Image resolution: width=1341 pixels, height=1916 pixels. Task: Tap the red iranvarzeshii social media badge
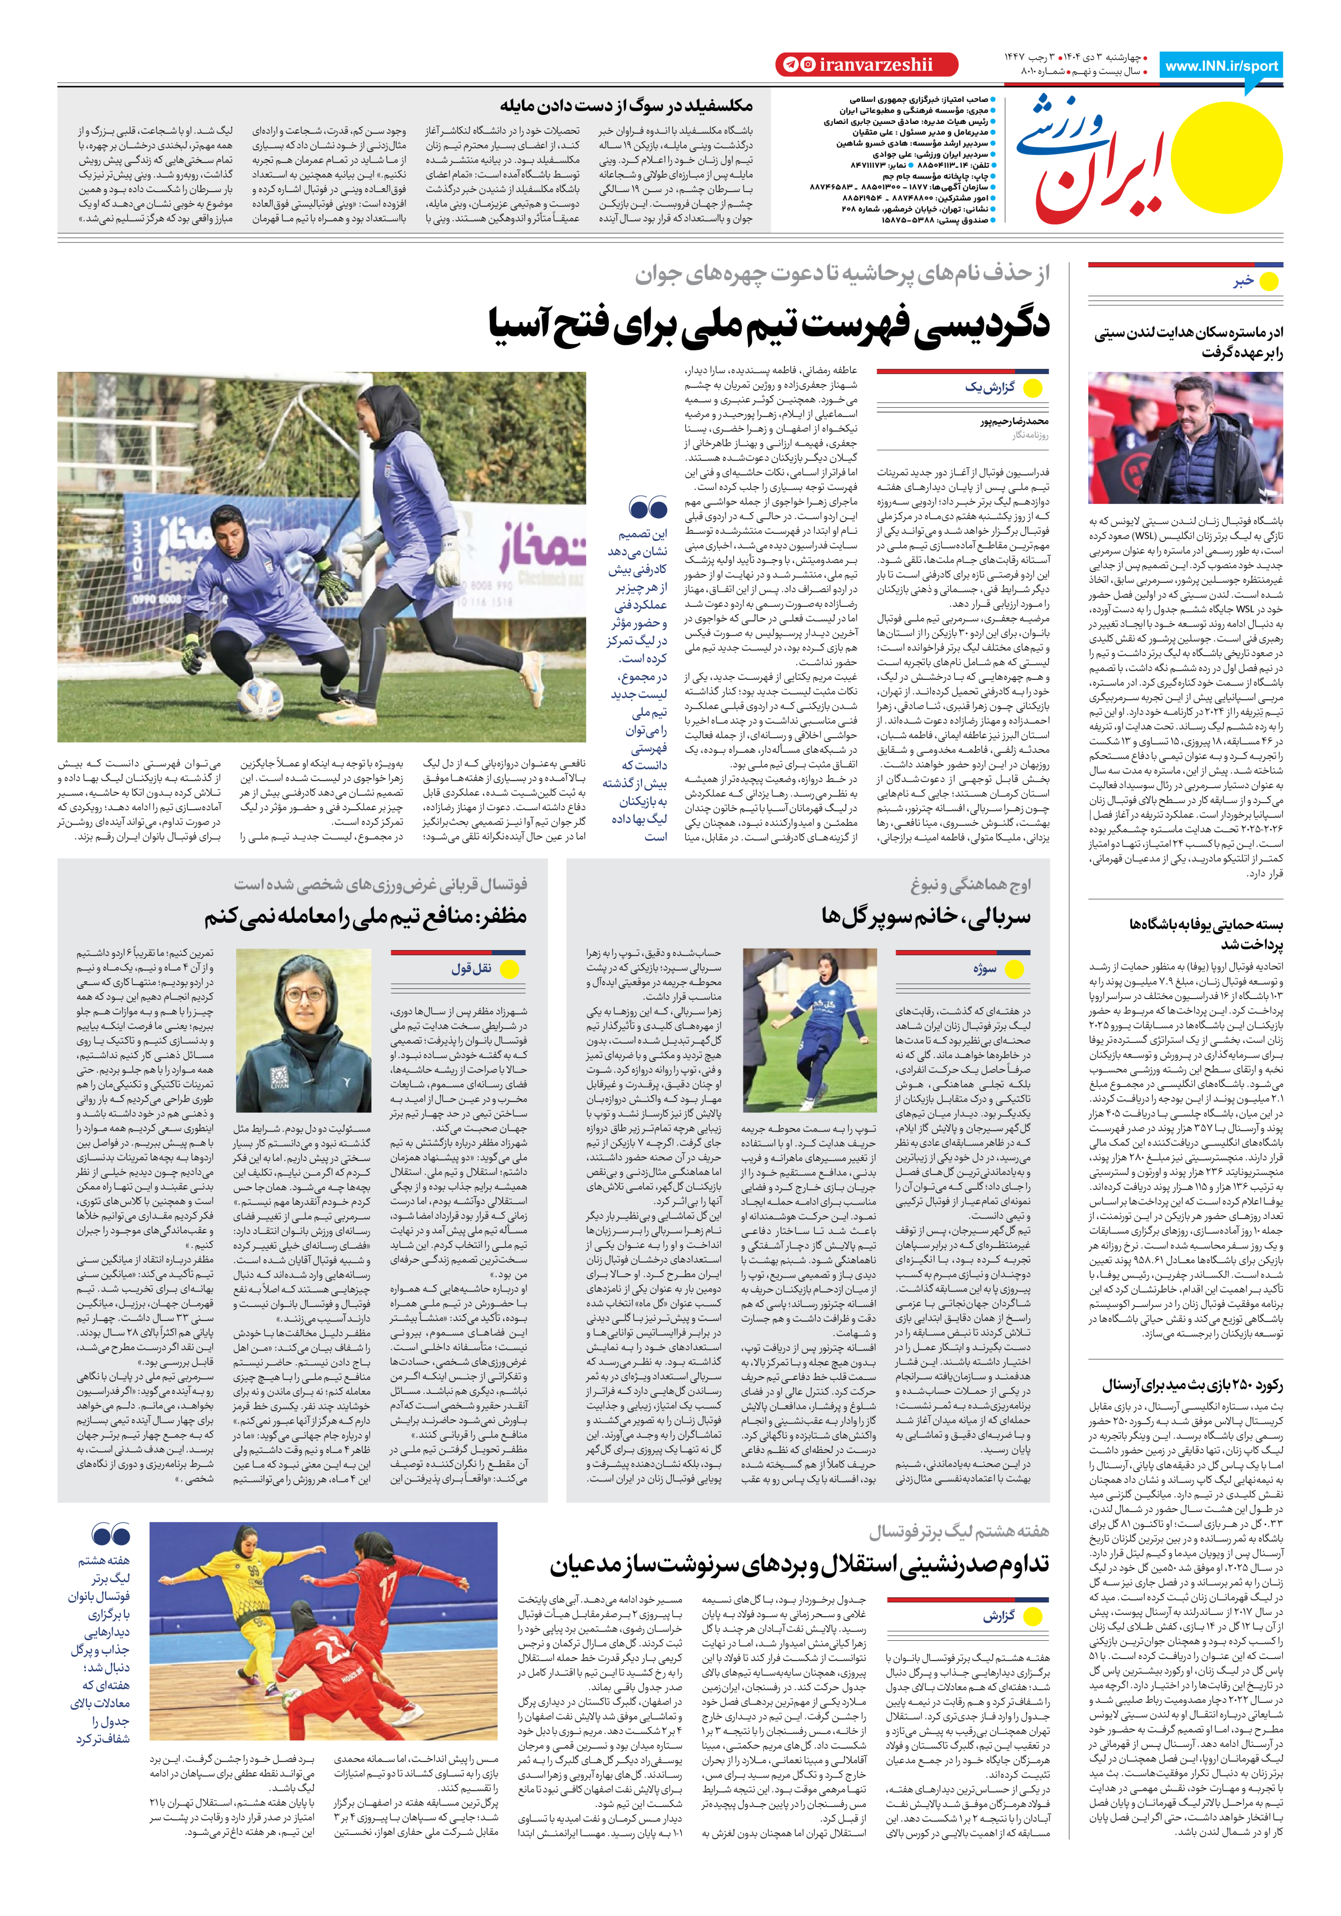pyautogui.click(x=866, y=64)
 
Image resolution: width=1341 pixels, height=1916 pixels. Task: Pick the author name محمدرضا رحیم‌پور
pyautogui.click(x=1014, y=421)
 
